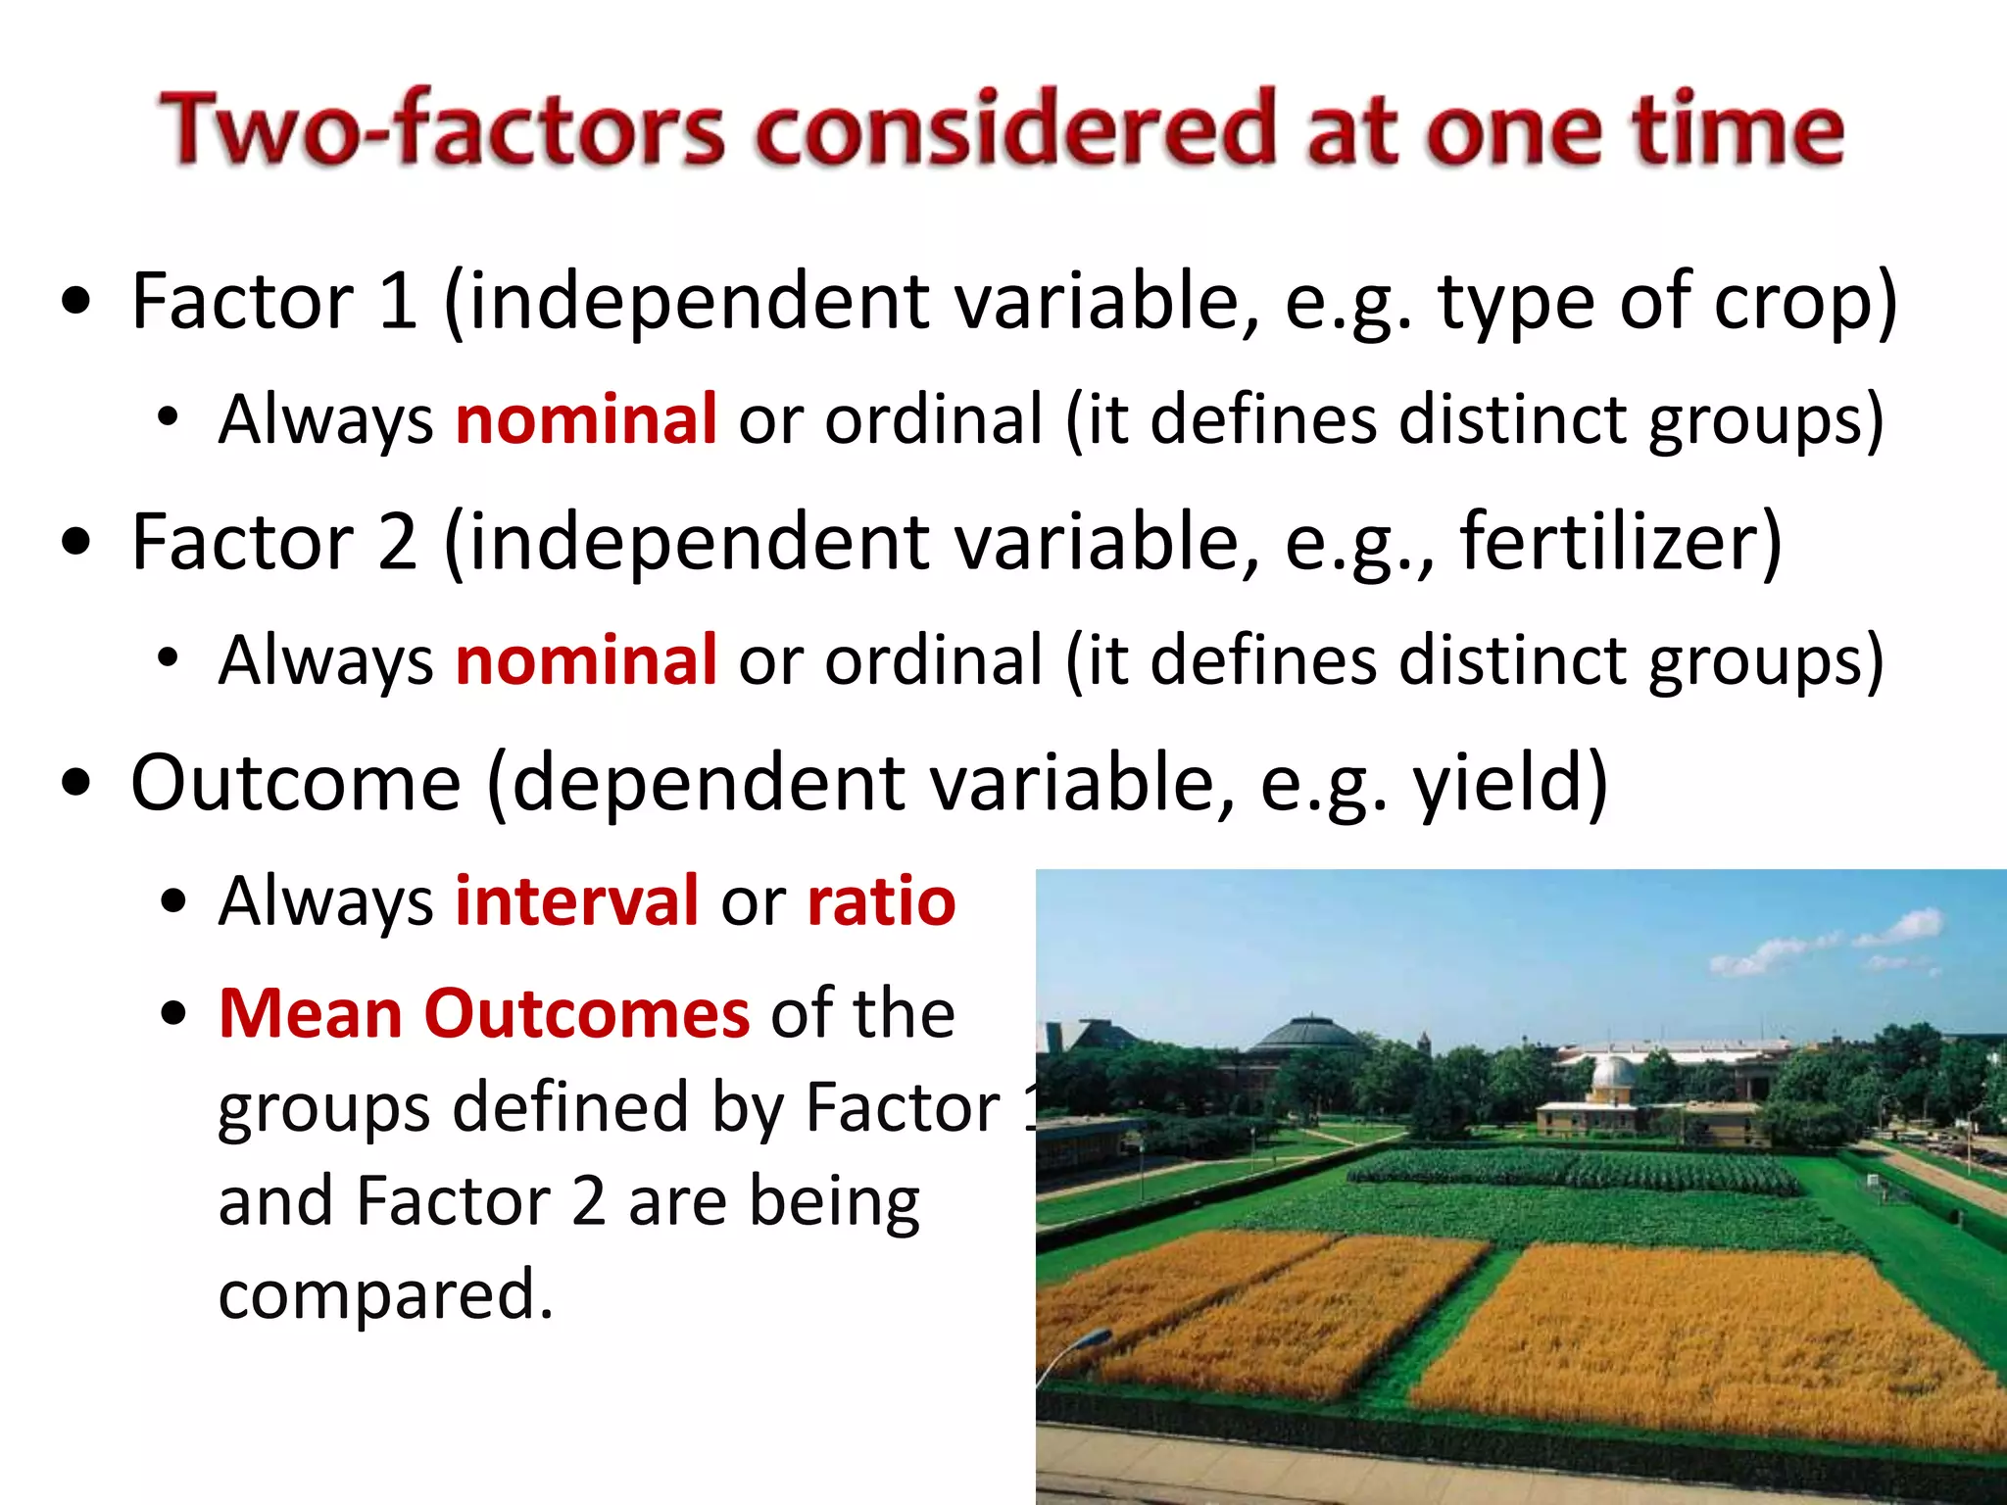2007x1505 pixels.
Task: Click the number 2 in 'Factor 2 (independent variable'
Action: tap(397, 542)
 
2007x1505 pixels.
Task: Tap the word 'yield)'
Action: tap(1509, 785)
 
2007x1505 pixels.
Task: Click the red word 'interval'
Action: tap(577, 900)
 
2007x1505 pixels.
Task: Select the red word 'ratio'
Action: tap(881, 900)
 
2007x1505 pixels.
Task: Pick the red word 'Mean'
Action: tap(310, 1013)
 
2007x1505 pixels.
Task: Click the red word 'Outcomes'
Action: tap(586, 1013)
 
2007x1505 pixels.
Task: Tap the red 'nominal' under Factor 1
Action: tap(586, 419)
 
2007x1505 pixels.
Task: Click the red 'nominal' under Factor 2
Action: tap(586, 660)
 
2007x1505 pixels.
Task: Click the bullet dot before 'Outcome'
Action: tap(76, 785)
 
